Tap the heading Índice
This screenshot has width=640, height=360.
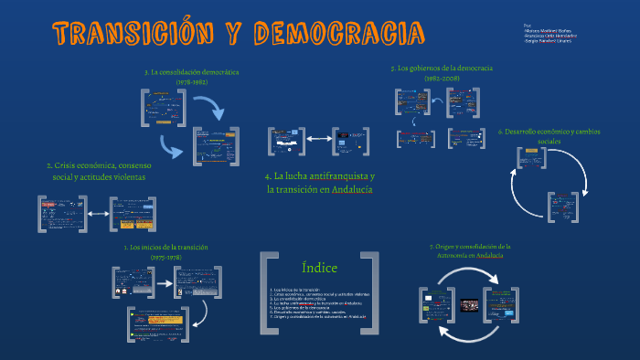click(319, 268)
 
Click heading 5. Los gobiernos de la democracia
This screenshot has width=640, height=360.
click(442, 69)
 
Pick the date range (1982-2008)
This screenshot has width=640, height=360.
click(442, 79)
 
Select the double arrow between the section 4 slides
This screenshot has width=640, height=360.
click(318, 140)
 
